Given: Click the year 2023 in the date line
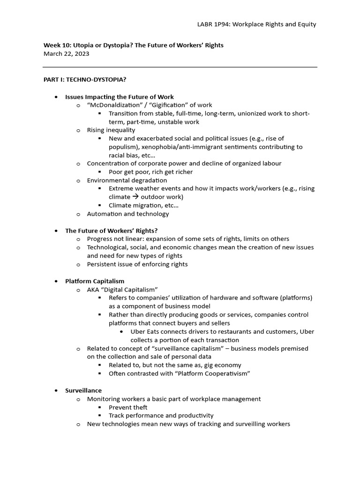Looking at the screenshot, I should point(81,53).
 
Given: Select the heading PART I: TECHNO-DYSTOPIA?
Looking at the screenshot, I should point(85,80).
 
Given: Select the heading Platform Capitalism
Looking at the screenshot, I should point(95,281).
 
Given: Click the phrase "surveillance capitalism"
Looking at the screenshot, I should point(172,348).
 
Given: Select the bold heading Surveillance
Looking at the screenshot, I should point(83,390).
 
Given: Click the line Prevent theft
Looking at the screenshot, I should point(128,407).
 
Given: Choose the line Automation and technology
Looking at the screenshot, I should point(128,214).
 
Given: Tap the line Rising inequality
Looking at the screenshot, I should point(111,130).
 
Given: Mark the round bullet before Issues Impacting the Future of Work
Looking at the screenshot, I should point(56,97).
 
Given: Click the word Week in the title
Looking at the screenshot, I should point(52,45).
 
